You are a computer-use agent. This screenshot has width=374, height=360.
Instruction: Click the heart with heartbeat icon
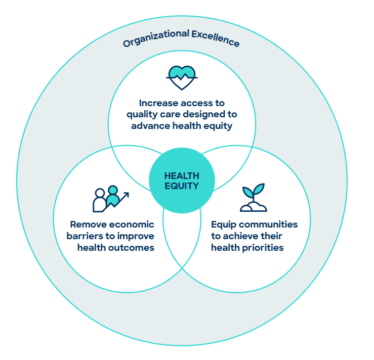click(x=181, y=77)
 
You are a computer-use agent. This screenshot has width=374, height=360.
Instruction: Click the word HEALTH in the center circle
click(x=182, y=176)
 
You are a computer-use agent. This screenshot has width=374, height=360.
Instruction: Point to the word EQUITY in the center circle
click(x=182, y=186)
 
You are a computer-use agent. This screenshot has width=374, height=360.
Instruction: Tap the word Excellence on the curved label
click(x=216, y=38)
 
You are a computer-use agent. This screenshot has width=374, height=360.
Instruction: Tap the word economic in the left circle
click(x=132, y=224)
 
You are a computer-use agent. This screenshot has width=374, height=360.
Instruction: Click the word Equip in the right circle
click(x=223, y=224)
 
